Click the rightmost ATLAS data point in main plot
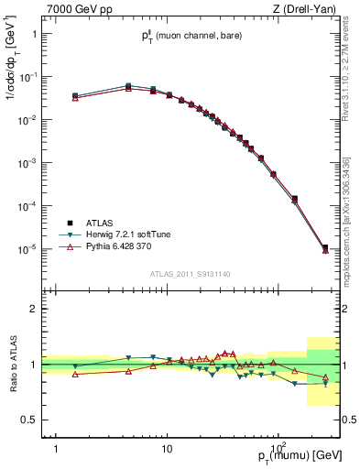click(325, 247)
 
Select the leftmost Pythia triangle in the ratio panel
click(75, 374)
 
